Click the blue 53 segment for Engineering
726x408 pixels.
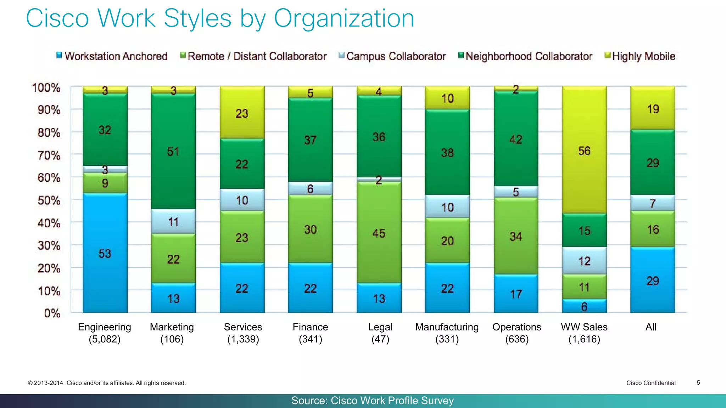[x=105, y=253]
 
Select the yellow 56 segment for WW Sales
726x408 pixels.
[x=584, y=150]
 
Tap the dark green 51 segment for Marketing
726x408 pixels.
[x=173, y=151]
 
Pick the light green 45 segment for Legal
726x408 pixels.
[x=379, y=233]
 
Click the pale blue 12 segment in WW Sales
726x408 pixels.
[x=584, y=261]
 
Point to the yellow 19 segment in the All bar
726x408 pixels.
[x=653, y=108]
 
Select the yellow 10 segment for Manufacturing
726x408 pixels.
[x=447, y=98]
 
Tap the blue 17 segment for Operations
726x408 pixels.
[x=516, y=294]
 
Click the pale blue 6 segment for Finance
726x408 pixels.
[x=310, y=188]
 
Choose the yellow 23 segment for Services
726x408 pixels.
[x=242, y=113]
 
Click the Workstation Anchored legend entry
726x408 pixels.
[x=112, y=56]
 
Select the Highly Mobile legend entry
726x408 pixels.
[x=640, y=56]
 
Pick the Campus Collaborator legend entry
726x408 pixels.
[x=392, y=56]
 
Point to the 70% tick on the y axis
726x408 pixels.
[x=49, y=155]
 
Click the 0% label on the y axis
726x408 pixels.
[x=52, y=313]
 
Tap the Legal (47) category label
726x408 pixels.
[x=380, y=333]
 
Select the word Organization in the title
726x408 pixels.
[x=344, y=18]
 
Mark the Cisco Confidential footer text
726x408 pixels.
[x=651, y=383]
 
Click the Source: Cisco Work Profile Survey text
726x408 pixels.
[x=372, y=401]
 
